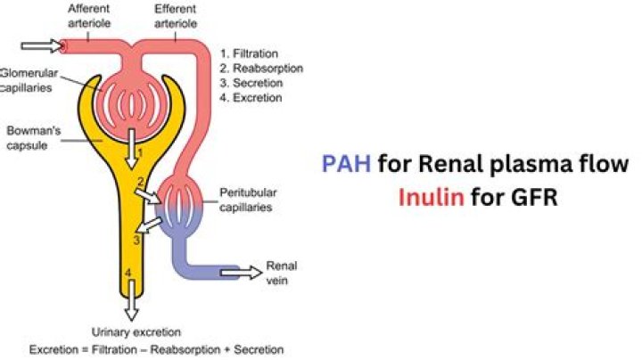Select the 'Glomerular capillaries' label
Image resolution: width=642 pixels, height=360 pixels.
[30, 79]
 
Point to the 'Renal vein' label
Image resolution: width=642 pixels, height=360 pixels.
[279, 273]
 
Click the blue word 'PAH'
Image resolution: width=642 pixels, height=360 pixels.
[345, 164]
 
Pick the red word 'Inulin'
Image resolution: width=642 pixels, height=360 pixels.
[431, 197]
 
